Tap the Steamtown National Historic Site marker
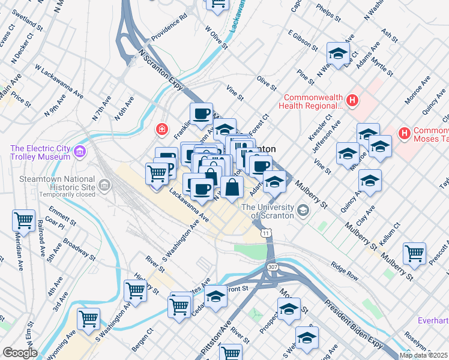(x=105, y=185)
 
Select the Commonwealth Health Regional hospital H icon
(x=352, y=101)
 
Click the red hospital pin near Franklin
(x=161, y=129)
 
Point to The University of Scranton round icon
(x=303, y=211)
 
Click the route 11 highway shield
(x=265, y=232)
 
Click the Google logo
(x=19, y=353)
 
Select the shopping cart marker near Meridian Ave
(x=24, y=220)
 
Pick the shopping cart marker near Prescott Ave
(x=414, y=253)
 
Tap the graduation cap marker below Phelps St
(x=339, y=54)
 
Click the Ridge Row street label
(x=345, y=269)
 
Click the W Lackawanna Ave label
(x=59, y=82)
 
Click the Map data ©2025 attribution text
(x=424, y=355)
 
